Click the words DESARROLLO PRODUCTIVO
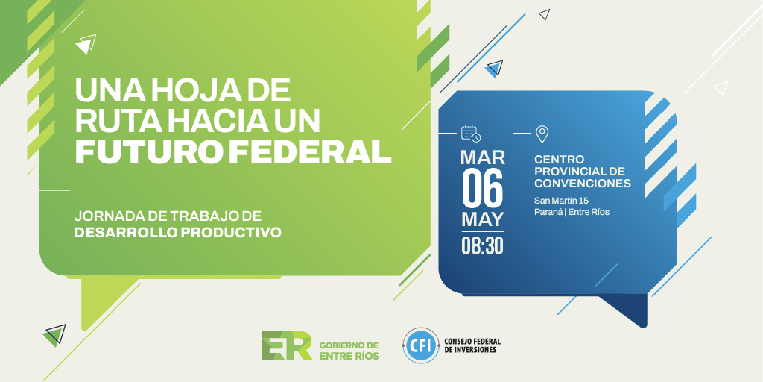(x=177, y=233)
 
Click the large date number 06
(x=482, y=188)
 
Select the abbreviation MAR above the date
(x=482, y=157)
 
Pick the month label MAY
(x=482, y=219)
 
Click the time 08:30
(x=482, y=246)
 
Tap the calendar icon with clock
(x=471, y=134)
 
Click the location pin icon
(x=542, y=134)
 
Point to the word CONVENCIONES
(x=583, y=183)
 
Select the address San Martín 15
(x=561, y=200)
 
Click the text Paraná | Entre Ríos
(x=572, y=212)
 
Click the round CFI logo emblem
(x=420, y=345)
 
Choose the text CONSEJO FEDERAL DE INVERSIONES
(x=471, y=345)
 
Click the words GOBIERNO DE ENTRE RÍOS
(x=349, y=351)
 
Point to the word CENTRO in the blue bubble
(x=560, y=160)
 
